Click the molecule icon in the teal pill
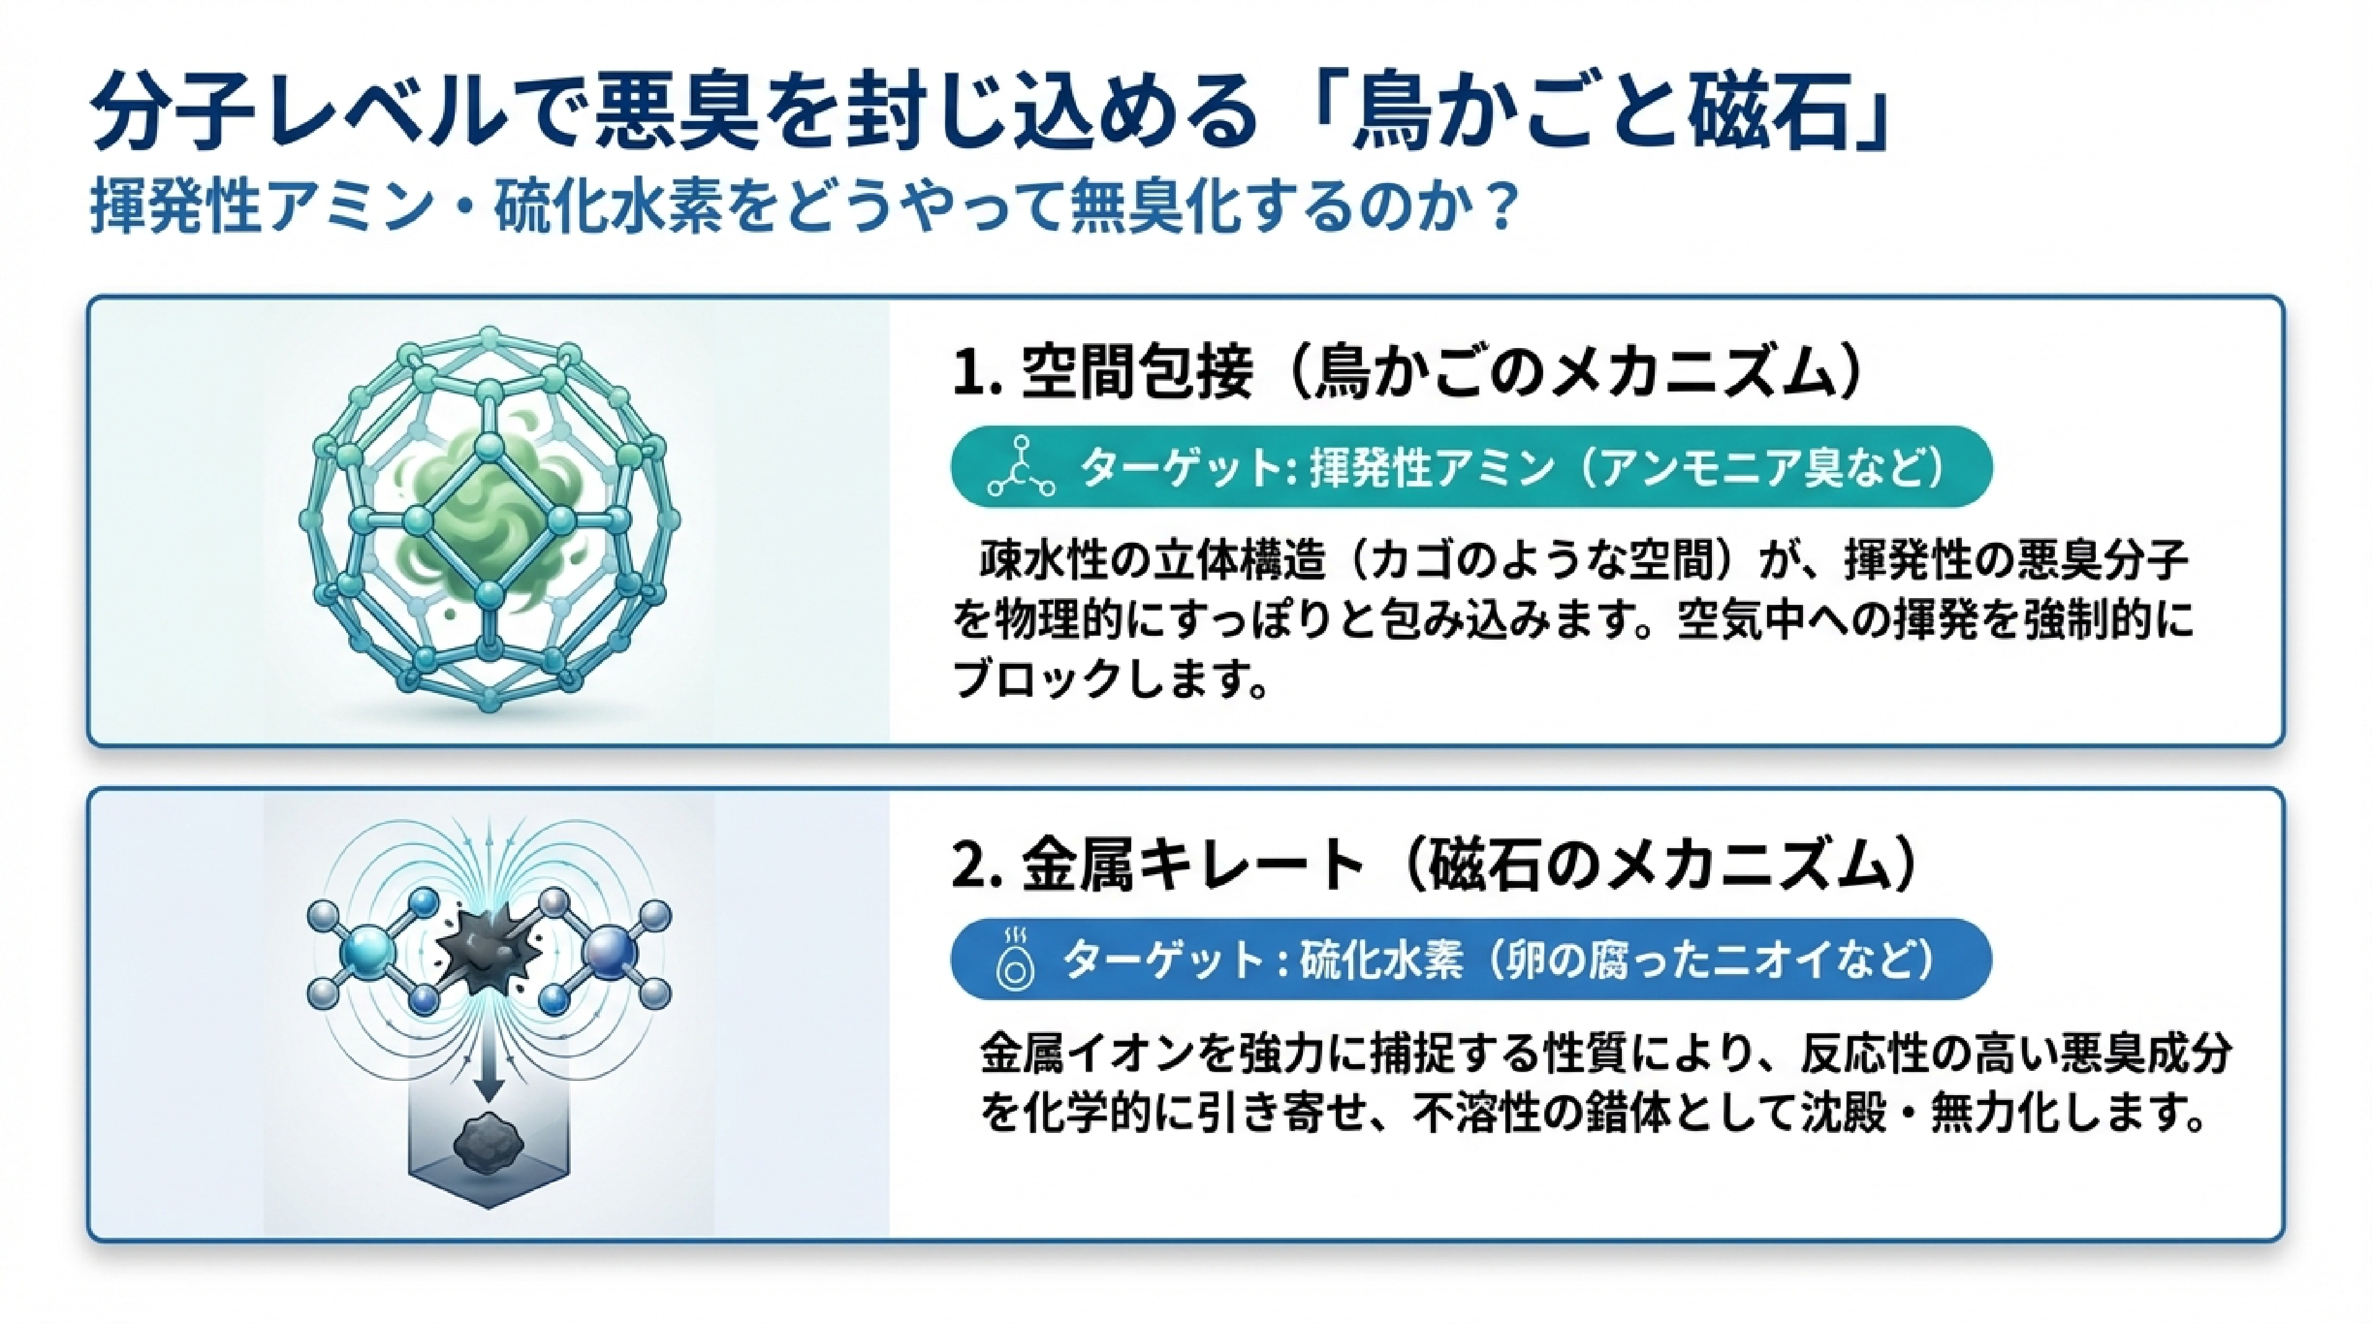(1020, 468)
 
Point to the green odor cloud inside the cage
(488, 520)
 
